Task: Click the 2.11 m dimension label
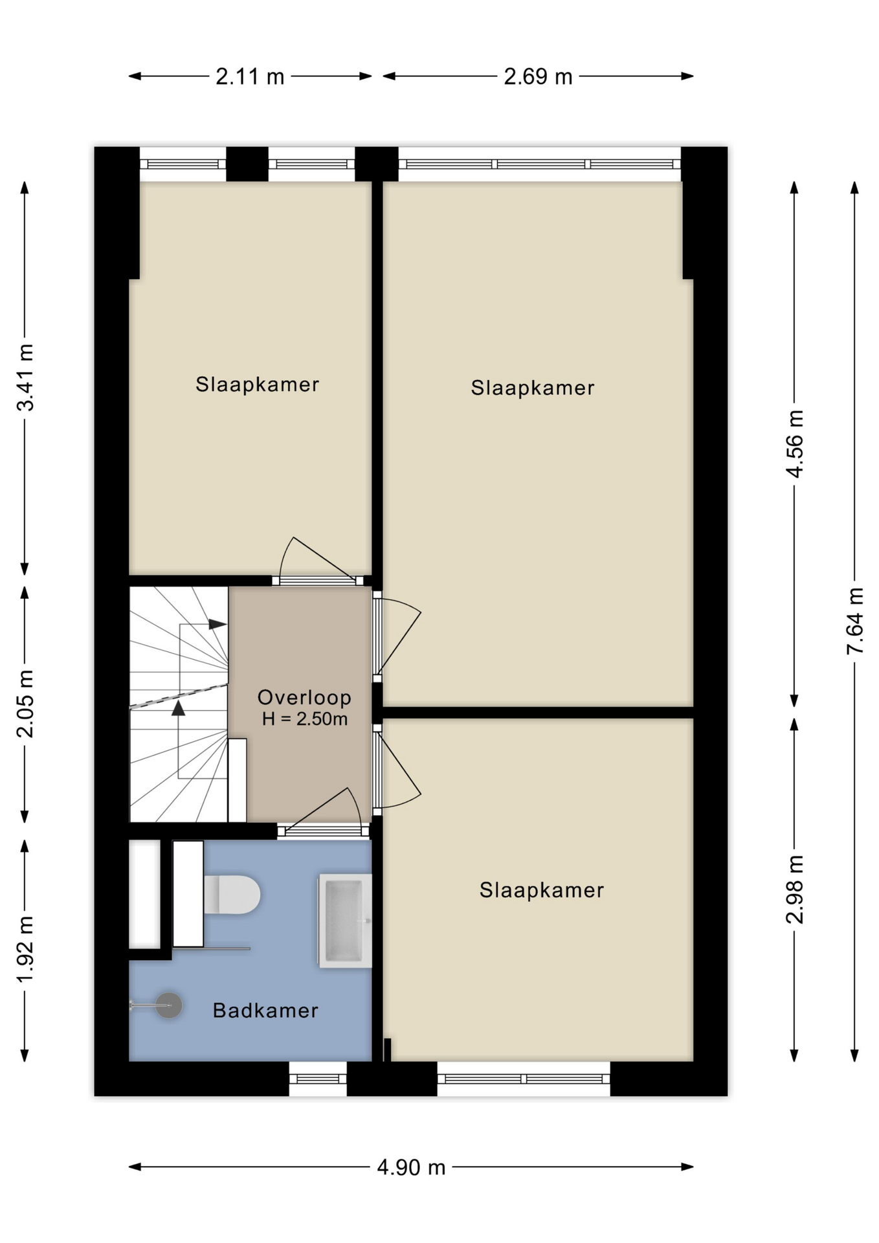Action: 250,77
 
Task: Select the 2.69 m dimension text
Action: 538,77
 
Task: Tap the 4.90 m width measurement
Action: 411,1167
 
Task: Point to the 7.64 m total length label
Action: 854,621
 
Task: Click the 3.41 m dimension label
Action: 25,377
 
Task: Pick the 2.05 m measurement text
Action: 25,704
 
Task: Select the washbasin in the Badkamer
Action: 344,921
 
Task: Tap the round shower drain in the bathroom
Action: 169,1005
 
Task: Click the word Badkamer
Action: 265,1011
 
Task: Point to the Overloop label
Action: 304,697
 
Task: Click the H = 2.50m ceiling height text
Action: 304,719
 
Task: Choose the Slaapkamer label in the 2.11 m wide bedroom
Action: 257,385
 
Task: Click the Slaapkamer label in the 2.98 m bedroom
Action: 541,890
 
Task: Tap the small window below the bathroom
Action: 318,1079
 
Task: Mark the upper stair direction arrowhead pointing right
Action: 218,625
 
